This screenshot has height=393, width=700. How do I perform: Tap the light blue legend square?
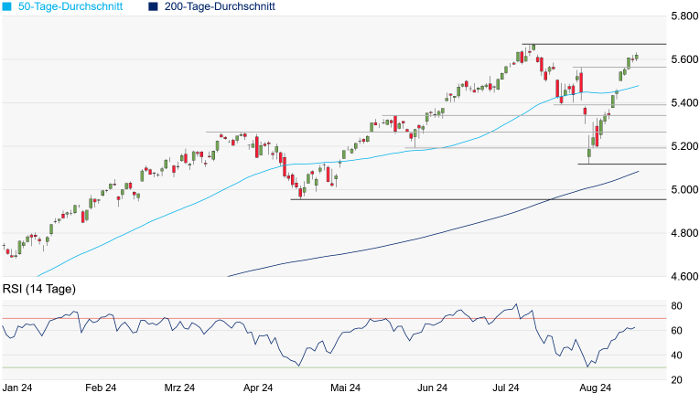click(x=7, y=6)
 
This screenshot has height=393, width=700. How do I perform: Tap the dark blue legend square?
click(x=152, y=6)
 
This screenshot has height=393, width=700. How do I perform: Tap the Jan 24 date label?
click(x=18, y=388)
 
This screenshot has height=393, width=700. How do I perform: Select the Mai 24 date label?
click(x=344, y=388)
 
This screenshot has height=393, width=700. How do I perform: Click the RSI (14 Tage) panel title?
click(x=39, y=290)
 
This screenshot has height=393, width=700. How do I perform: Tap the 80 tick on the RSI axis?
click(x=678, y=305)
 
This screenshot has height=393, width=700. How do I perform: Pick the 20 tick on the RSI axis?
click(x=678, y=380)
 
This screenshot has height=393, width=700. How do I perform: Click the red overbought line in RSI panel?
click(x=366, y=318)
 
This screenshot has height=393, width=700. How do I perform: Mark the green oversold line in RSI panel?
click(x=366, y=368)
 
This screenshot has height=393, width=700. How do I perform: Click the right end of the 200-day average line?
click(x=639, y=171)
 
